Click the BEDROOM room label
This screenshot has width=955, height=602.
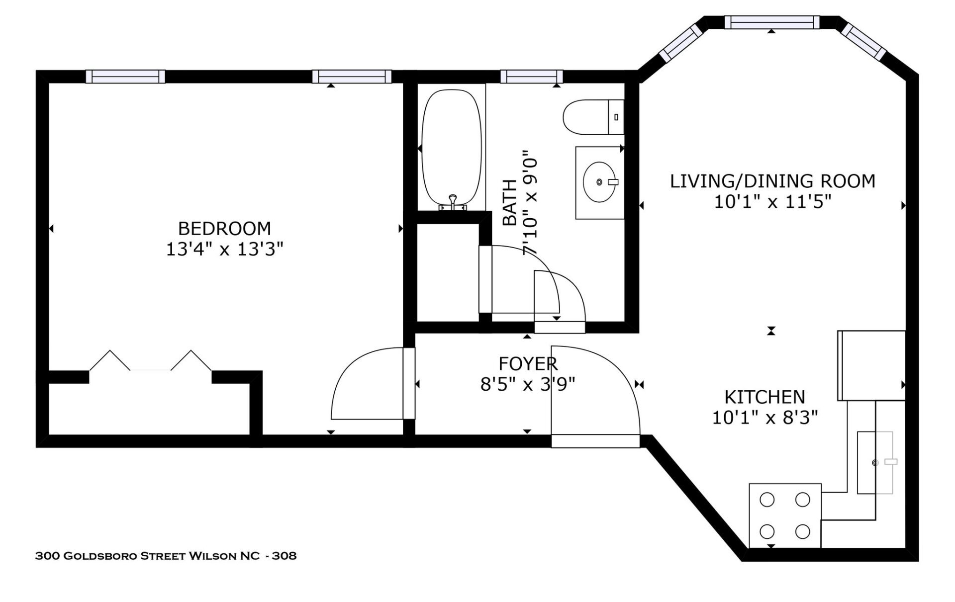point(224,229)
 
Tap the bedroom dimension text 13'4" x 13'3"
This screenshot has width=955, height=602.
point(224,249)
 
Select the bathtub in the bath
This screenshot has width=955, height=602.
point(451,149)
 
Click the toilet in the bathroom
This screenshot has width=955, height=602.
point(592,117)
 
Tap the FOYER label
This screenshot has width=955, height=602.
point(528,364)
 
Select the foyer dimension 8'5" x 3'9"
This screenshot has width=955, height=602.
point(528,384)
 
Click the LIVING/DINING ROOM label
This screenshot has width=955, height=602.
point(772,181)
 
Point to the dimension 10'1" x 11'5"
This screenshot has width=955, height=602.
point(772,202)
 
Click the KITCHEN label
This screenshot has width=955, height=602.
point(764,397)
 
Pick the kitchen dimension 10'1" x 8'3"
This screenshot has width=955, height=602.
point(764,418)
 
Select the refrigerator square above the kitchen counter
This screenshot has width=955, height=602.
point(871,365)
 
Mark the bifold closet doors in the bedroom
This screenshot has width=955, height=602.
point(150,361)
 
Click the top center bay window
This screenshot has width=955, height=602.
point(771,22)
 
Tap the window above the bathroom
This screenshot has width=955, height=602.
point(531,76)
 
